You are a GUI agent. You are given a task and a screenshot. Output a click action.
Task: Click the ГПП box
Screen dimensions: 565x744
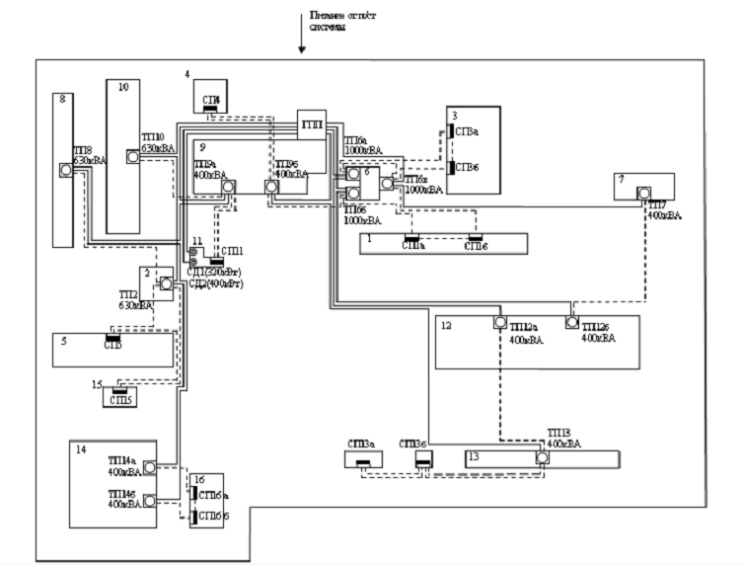pos(312,126)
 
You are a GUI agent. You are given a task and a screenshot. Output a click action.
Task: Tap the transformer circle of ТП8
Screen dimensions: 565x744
pos(66,170)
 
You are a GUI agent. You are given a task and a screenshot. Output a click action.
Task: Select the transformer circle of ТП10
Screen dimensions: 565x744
pos(132,156)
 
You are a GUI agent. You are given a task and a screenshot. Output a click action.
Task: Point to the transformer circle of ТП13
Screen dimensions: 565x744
pos(542,458)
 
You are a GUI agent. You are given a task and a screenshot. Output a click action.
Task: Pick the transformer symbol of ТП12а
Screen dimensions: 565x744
pos(500,322)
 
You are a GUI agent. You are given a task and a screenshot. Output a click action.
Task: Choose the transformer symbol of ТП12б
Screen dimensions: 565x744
pos(571,322)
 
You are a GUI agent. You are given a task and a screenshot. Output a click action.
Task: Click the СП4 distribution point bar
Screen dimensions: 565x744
pos(210,108)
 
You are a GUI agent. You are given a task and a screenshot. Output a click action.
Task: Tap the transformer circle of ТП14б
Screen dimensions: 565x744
pos(150,500)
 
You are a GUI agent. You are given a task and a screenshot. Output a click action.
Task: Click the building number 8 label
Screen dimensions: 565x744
pos(62,99)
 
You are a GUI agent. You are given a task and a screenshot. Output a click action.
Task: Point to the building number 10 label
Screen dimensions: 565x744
pos(122,87)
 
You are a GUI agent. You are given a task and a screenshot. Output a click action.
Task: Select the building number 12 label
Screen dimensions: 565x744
pos(446,325)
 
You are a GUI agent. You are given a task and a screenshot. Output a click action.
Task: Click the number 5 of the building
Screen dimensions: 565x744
pos(62,342)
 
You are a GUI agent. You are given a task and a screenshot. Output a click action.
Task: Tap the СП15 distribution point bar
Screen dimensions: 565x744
pos(119,394)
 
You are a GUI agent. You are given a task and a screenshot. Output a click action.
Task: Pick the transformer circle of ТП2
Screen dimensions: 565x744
pos(166,284)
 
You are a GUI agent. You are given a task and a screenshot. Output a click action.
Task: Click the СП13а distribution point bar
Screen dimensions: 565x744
pos(362,464)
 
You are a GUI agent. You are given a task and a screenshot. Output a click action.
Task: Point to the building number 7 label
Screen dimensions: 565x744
pos(621,180)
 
